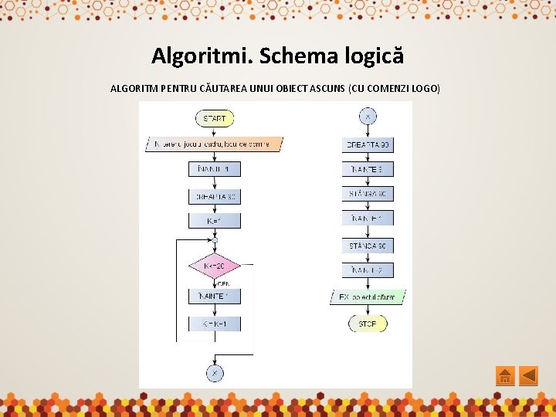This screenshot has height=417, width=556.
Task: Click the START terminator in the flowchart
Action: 215,119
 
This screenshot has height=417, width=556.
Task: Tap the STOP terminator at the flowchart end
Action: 368,324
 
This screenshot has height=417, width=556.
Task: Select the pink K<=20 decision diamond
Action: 215,266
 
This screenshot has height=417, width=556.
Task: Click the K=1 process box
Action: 215,221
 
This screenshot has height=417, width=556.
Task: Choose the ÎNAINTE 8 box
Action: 368,168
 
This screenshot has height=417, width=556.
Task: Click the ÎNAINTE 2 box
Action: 368,270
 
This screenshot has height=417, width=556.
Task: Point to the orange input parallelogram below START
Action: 214,144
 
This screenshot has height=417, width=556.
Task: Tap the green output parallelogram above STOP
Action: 368,297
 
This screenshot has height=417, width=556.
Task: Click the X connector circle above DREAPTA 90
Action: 368,117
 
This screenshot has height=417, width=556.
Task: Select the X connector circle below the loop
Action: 215,373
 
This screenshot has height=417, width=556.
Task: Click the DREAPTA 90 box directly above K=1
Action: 215,196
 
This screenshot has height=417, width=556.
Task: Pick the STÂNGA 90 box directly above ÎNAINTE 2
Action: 368,246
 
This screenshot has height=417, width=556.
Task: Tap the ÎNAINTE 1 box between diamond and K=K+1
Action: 215,297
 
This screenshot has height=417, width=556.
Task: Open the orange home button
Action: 504,376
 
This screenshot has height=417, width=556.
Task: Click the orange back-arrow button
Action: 528,376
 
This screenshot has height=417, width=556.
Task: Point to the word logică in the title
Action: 371,56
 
